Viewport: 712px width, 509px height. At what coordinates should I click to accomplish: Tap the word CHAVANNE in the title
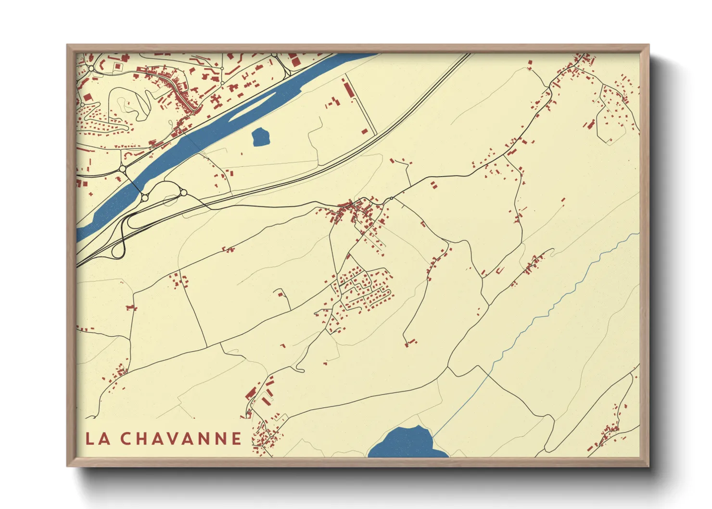point(181,438)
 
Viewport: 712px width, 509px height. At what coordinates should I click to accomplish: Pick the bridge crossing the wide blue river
point(133,183)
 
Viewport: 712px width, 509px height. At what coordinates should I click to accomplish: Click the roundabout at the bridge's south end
point(144,198)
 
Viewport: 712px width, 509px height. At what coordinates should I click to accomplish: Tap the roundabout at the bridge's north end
point(123,169)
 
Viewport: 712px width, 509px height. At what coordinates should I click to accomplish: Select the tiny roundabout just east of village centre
point(392,198)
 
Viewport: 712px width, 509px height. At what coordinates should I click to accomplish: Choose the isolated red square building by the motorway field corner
point(364,131)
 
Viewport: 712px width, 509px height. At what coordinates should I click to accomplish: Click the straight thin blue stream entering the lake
point(462,404)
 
